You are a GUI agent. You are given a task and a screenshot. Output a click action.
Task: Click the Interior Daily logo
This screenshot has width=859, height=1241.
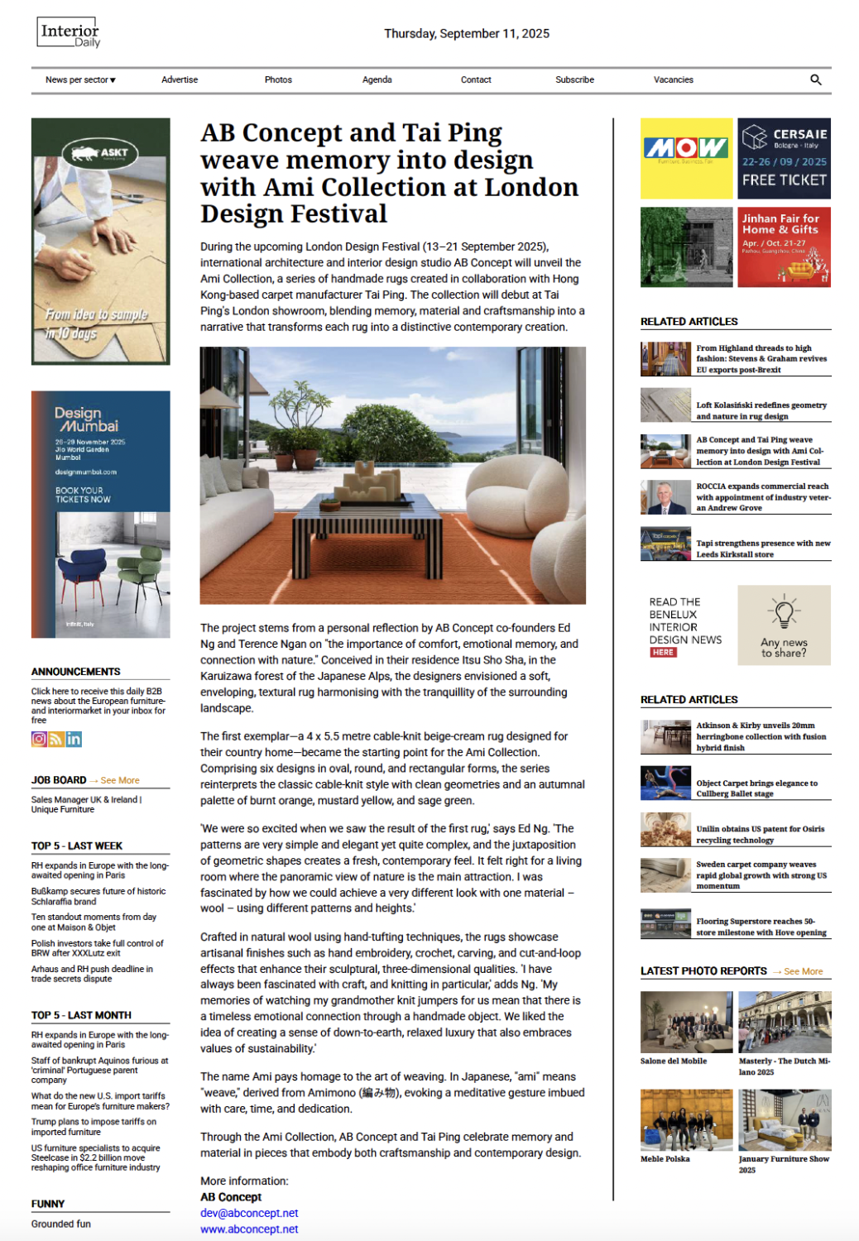69,33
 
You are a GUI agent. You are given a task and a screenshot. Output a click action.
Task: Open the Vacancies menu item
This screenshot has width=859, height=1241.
673,80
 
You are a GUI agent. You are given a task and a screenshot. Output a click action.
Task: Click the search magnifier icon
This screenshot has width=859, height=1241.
815,80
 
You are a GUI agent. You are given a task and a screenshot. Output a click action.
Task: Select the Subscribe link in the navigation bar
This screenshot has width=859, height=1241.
574,80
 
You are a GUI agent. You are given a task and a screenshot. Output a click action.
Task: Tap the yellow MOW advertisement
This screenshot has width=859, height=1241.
686,158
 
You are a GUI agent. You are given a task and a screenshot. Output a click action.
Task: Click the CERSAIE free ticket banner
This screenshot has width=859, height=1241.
784,158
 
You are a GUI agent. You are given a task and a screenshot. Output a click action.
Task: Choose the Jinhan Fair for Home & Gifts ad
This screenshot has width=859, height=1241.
784,247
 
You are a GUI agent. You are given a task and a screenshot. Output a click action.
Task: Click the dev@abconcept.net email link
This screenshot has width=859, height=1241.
249,1213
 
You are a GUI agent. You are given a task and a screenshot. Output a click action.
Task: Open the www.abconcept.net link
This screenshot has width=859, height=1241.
249,1229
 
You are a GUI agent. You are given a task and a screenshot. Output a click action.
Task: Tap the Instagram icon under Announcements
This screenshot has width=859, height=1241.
39,739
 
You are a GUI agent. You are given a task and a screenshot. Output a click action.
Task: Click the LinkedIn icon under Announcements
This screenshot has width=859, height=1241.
74,739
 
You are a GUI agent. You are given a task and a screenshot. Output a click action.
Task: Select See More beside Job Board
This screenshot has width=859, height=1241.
120,780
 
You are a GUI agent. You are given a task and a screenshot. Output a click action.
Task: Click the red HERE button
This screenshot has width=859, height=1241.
663,652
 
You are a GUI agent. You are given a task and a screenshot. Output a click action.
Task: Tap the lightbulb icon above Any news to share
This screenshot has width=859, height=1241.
784,611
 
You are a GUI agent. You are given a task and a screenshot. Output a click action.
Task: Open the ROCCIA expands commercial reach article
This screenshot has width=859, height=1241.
762,497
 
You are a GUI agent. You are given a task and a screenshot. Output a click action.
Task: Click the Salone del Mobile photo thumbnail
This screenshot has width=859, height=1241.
686,1022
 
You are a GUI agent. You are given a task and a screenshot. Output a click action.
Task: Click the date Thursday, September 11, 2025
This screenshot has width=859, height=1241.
467,34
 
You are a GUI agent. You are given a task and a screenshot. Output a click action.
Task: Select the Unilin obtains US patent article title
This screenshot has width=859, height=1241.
760,834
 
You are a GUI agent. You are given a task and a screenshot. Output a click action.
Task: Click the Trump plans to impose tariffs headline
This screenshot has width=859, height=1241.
94,1127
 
